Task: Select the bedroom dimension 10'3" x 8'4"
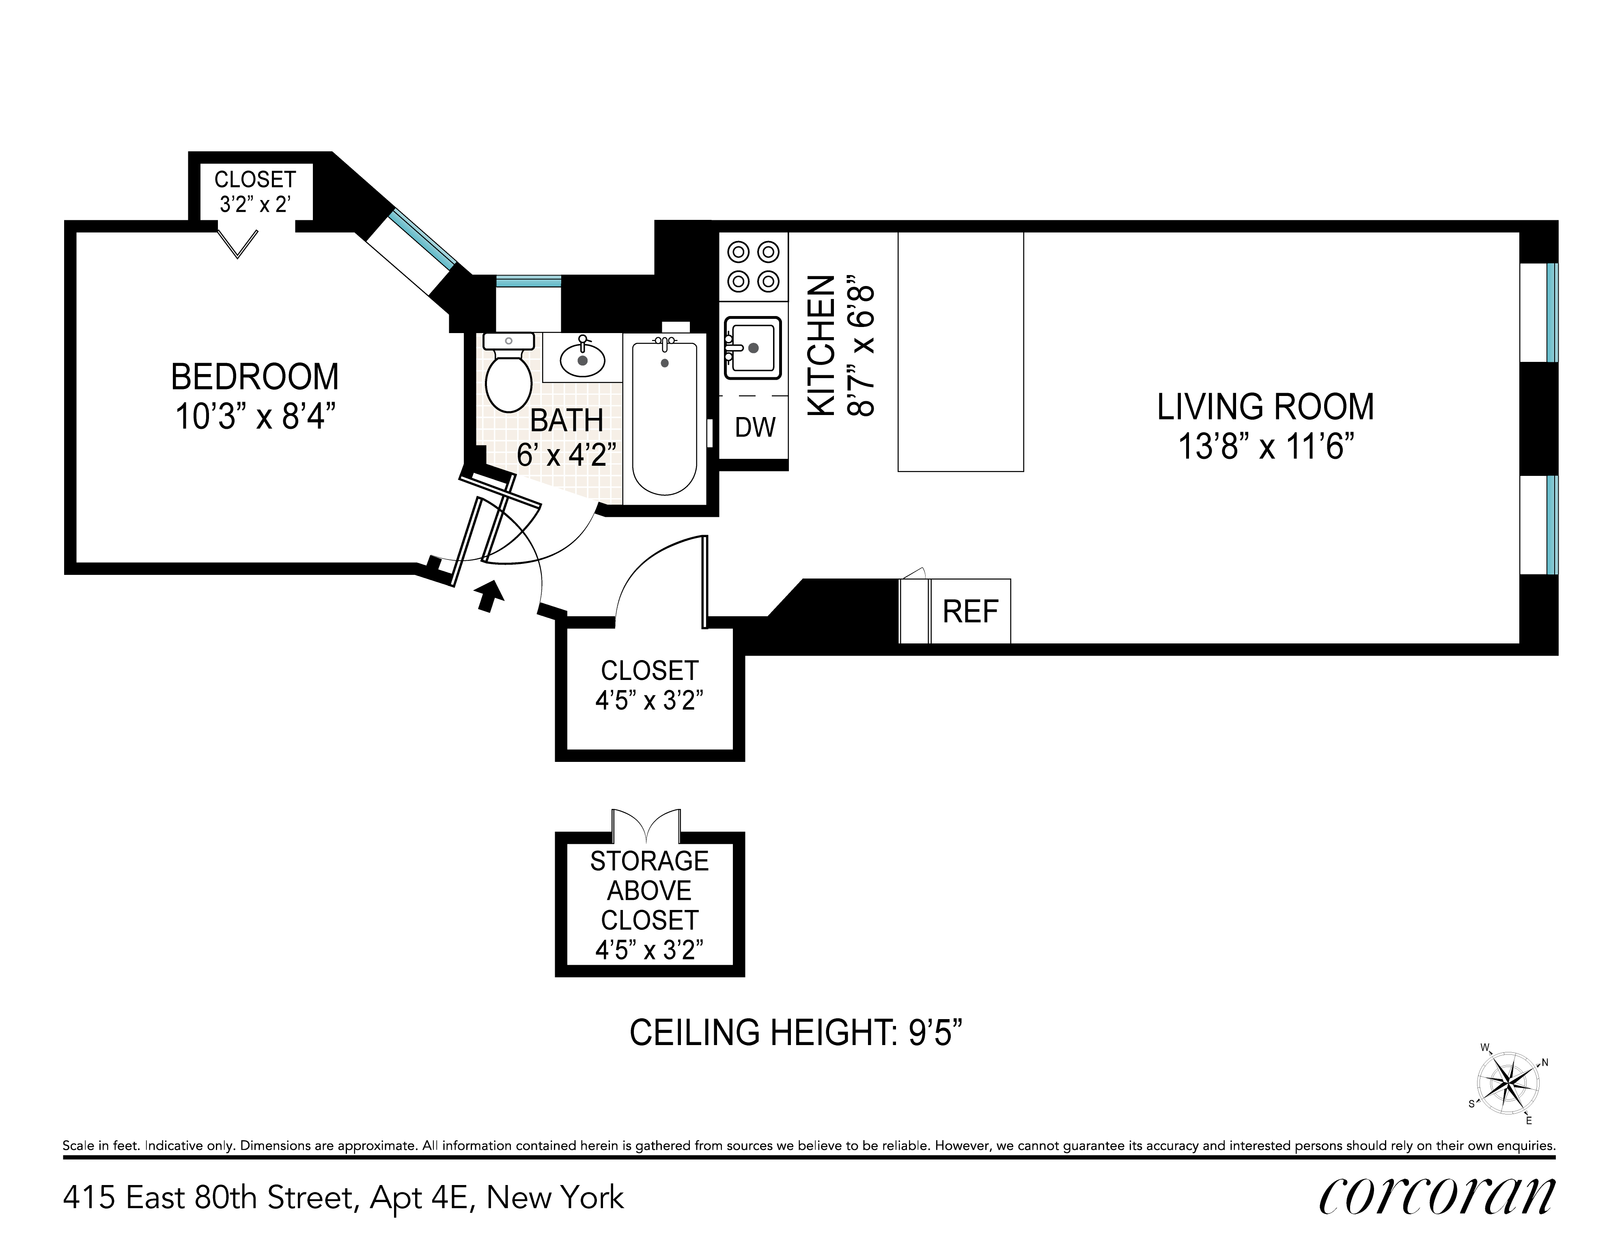point(252,417)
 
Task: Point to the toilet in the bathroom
point(508,372)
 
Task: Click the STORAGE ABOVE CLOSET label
point(649,890)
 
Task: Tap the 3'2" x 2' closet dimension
point(255,204)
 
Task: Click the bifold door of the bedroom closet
point(238,245)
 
